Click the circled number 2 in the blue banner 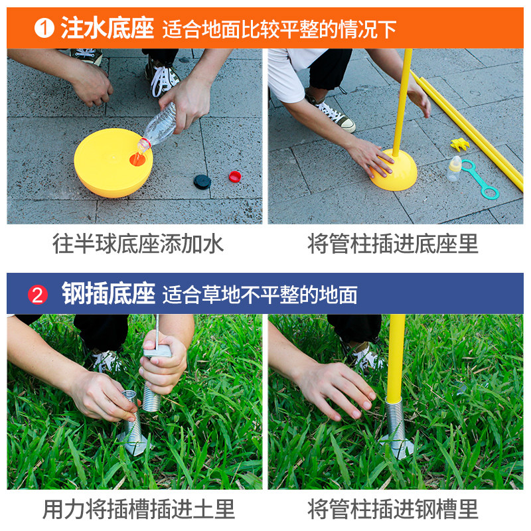coord(38,294)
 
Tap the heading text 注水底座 coord(108,29)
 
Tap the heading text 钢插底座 coord(108,293)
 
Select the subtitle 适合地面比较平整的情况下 coord(279,29)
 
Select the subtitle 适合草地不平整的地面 coord(260,294)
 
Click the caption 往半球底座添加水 coord(138,244)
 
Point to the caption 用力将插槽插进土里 coord(138,509)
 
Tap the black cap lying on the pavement coord(202,181)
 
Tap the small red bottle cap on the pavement coord(234,176)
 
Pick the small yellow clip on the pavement coord(459,144)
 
